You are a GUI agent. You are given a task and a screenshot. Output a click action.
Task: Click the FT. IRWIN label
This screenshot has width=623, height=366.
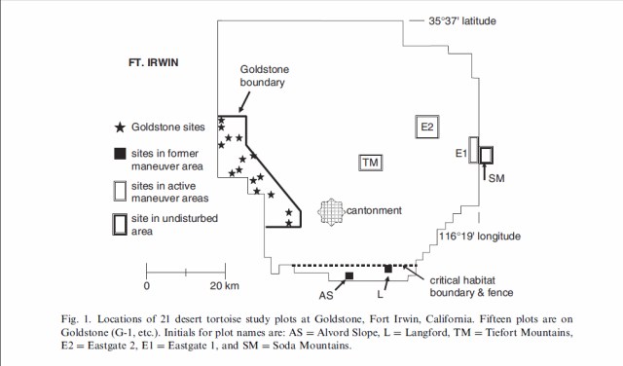[x=154, y=63]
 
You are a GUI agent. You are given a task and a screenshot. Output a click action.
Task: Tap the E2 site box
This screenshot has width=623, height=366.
[x=427, y=127]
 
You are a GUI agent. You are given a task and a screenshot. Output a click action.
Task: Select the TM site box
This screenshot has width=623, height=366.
[x=370, y=163]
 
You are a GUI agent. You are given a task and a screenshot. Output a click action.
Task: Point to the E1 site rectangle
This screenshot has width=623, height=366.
[x=474, y=150]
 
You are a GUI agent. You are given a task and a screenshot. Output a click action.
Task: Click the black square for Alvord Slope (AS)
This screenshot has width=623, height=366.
[x=349, y=275]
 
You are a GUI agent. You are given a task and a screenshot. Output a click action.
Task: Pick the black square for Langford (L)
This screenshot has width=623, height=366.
[x=388, y=269]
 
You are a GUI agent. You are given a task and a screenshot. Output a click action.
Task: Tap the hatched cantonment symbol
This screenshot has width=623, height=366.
[x=331, y=212]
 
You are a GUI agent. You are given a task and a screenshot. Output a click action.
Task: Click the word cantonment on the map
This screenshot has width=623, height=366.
[x=374, y=210]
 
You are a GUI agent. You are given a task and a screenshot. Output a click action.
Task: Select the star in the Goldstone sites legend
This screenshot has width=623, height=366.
[x=120, y=128]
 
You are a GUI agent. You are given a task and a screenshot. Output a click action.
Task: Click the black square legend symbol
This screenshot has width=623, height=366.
[x=120, y=154]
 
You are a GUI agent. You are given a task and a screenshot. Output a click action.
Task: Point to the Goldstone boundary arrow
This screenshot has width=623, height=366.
[x=244, y=102]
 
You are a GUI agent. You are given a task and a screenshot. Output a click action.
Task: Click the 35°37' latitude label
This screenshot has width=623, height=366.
[x=462, y=21]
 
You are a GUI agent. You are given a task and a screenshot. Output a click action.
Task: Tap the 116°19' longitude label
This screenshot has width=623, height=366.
[x=480, y=237]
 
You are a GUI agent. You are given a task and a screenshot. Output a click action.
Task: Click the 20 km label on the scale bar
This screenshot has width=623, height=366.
[x=225, y=286]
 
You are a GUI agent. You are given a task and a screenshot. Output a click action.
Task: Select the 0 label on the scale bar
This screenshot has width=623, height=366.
[x=147, y=286]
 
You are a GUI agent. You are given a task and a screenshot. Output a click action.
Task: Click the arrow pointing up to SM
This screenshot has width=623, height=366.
[x=484, y=171]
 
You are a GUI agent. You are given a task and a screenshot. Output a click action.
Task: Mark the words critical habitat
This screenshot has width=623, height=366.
[x=462, y=280]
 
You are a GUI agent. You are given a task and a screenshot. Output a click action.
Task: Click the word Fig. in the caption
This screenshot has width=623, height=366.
[x=70, y=319]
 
